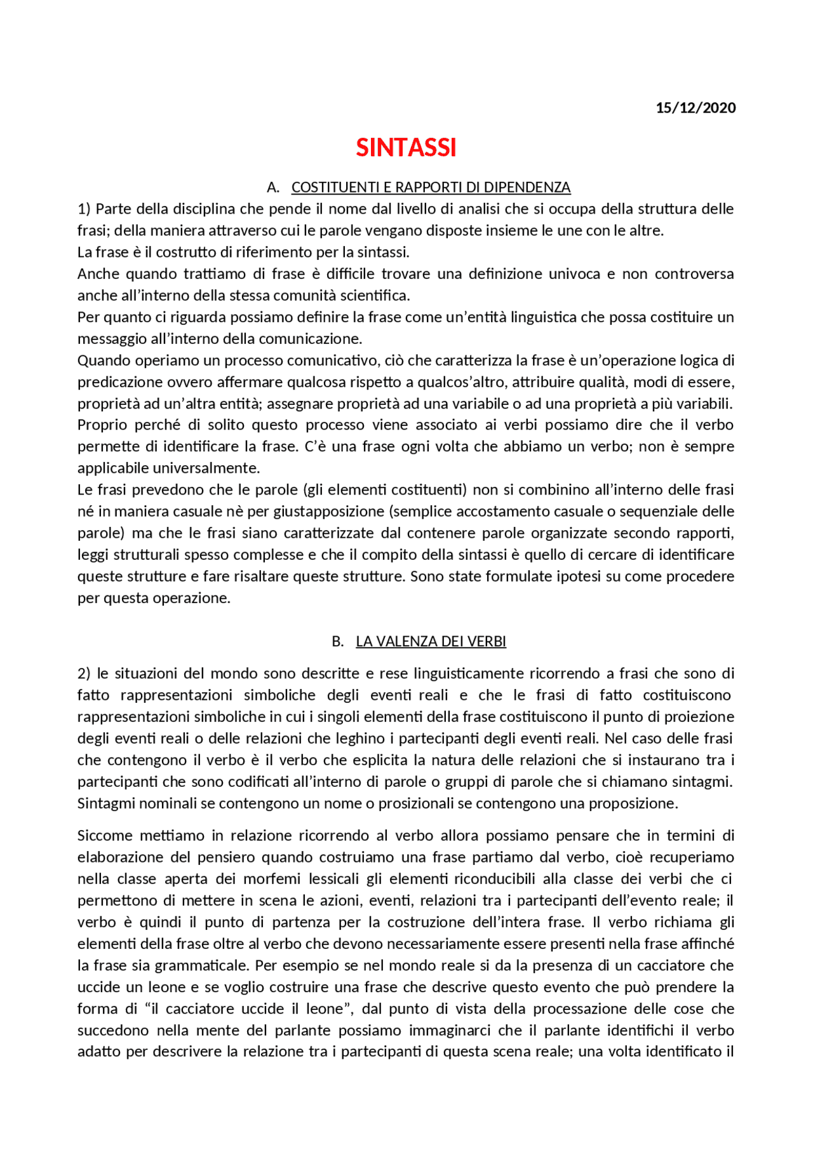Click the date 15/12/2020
click(x=695, y=108)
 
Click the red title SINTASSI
click(x=406, y=148)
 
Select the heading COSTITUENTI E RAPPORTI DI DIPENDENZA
click(x=431, y=187)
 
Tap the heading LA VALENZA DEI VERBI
click(x=431, y=641)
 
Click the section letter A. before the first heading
click(x=273, y=187)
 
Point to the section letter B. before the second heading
click(x=337, y=641)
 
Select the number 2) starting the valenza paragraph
click(x=84, y=673)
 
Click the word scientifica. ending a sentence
click(x=375, y=296)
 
